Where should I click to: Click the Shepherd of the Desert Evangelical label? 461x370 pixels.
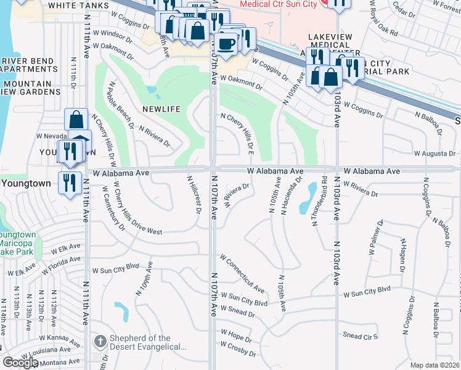[147, 342]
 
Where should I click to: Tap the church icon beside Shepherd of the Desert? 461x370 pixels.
[100, 342]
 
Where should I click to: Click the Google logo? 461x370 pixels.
[20, 363]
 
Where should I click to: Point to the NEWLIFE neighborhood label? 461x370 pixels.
[161, 109]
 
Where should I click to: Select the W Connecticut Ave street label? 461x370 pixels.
[242, 273]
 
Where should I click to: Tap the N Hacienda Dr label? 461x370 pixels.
[290, 196]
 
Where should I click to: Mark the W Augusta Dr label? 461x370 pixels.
[434, 153]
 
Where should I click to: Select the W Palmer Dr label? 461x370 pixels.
[375, 237]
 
